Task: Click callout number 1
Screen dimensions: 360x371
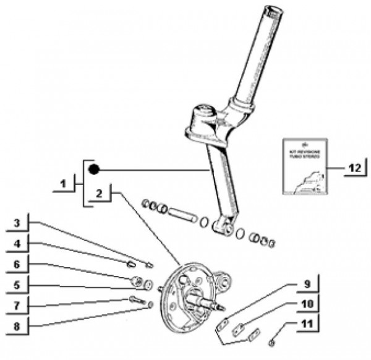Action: (63, 184)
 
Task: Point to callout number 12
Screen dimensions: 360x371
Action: (352, 168)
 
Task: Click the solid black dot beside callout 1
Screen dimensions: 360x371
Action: (93, 169)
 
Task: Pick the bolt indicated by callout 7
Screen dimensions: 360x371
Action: (135, 301)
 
